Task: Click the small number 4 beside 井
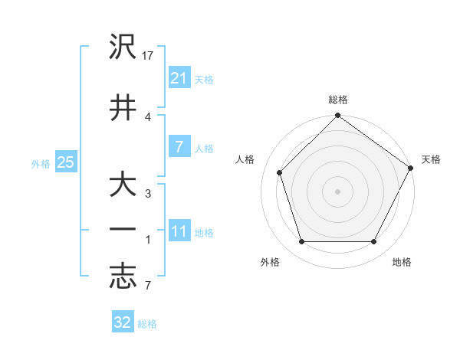pos(148,116)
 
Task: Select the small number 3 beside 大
pos(148,193)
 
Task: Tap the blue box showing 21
pos(179,78)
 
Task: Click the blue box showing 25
pos(65,162)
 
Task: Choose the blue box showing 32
pos(123,323)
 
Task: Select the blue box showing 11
pos(179,232)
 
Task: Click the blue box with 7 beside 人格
pos(179,147)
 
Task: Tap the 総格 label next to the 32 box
pos(147,324)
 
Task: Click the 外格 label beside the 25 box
pos(41,163)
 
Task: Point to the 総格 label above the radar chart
pos(338,100)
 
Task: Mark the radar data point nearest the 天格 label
pos(412,169)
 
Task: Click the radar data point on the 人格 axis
pos(280,172)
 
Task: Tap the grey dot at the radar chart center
pos(338,191)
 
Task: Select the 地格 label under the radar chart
pos(402,262)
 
